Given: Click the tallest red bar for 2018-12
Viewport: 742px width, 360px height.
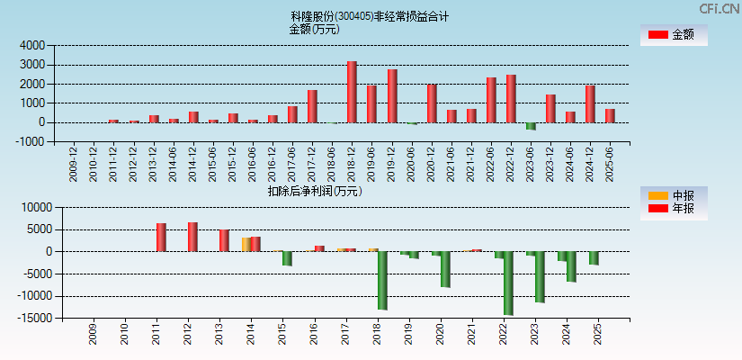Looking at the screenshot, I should pyautogui.click(x=352, y=92).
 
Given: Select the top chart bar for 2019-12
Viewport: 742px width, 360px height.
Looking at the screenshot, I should pyautogui.click(x=392, y=96).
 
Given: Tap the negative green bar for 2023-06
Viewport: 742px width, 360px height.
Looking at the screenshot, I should pyautogui.click(x=531, y=126).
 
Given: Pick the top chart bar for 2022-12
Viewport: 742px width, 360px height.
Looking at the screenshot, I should pyautogui.click(x=511, y=99).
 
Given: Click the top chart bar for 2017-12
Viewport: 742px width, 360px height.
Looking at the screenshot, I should pyautogui.click(x=312, y=106).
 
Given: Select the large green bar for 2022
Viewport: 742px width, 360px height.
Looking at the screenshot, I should pyautogui.click(x=508, y=283).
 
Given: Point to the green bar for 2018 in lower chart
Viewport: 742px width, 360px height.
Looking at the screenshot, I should pyautogui.click(x=382, y=280).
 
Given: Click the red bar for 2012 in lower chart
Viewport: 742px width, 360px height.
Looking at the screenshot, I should pyautogui.click(x=192, y=237).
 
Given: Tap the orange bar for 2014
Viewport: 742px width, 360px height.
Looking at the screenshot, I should pyautogui.click(x=246, y=244).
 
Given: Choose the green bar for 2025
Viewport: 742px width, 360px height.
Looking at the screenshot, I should pyautogui.click(x=594, y=257).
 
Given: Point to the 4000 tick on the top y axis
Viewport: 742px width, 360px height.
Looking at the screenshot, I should pyautogui.click(x=32, y=45).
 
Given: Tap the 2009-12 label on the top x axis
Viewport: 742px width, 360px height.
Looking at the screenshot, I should pyautogui.click(x=74, y=164).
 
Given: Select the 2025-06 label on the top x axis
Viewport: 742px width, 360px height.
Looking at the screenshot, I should pyautogui.click(x=610, y=164).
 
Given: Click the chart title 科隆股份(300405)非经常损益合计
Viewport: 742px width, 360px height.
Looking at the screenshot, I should pyautogui.click(x=370, y=16).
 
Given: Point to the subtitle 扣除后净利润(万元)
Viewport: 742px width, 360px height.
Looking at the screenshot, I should pyautogui.click(x=314, y=191).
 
